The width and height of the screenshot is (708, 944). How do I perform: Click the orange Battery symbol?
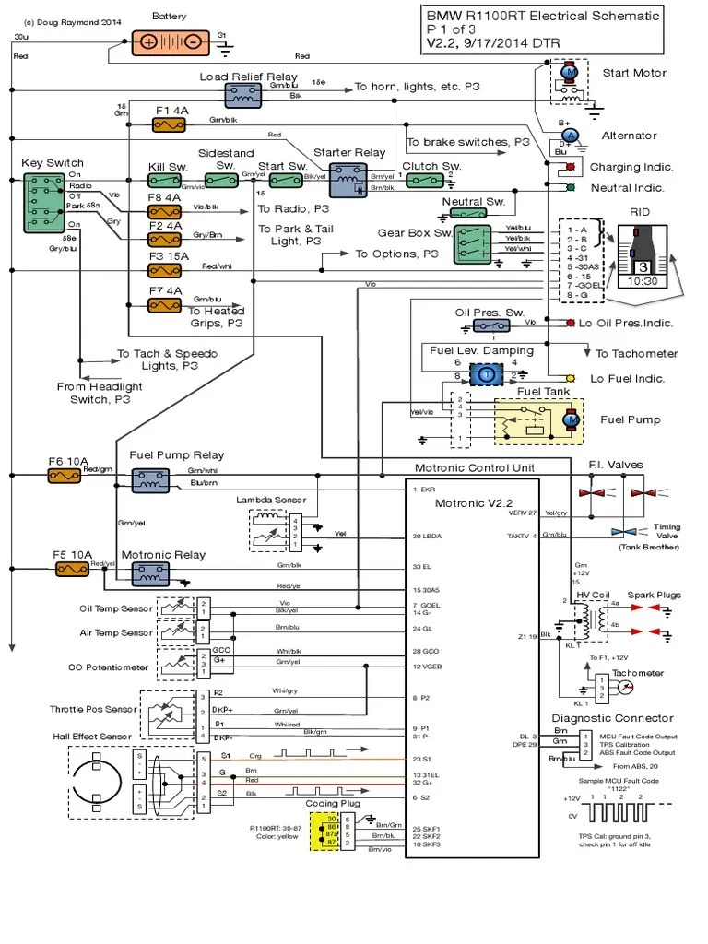click(x=171, y=41)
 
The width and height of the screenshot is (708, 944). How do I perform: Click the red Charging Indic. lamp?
click(x=571, y=167)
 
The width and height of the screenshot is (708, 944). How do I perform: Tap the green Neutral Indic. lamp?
click(x=571, y=187)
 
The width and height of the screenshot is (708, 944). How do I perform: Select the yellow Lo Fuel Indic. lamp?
click(x=571, y=378)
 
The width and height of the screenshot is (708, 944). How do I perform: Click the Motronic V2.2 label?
click(x=473, y=502)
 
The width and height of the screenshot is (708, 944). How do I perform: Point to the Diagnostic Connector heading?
click(x=612, y=718)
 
